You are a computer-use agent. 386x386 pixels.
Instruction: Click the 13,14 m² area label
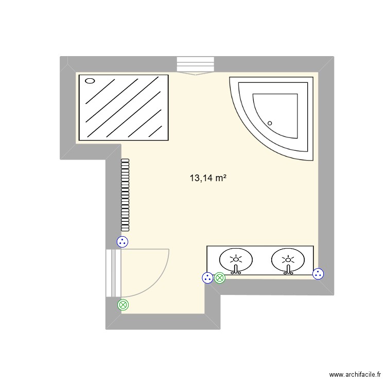point(208,179)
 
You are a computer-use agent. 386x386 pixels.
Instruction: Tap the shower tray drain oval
point(90,81)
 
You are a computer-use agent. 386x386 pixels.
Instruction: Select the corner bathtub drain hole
point(270,122)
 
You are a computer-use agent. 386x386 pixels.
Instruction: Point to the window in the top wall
point(195,64)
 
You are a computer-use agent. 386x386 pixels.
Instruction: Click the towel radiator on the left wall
point(125,194)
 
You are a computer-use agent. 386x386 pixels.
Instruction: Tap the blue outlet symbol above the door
point(122,241)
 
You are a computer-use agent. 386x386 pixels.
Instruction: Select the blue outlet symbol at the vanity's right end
point(319,274)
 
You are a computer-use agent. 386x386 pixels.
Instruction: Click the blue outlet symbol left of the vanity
point(207,278)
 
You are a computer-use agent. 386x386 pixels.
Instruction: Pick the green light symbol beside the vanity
point(220,278)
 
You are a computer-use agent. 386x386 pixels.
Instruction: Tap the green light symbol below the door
point(123,305)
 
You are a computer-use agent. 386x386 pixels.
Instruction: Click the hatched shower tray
point(123,107)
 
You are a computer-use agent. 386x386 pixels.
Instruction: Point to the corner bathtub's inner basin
point(278,113)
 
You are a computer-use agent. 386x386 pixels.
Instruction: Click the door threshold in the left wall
point(113,273)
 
